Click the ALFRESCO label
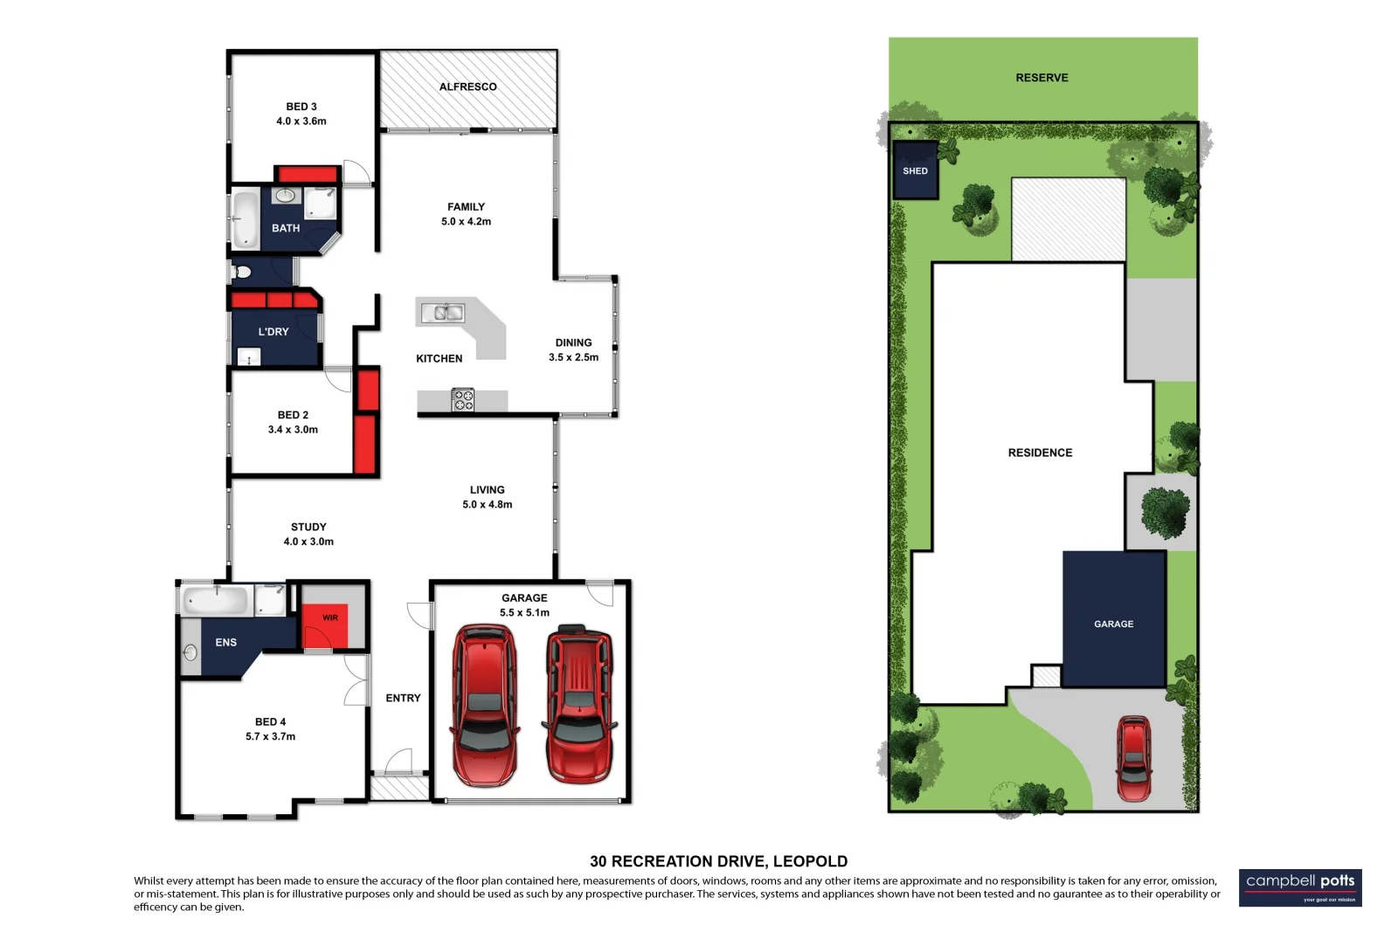(467, 86)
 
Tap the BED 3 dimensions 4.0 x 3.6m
(301, 121)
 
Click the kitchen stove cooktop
(462, 400)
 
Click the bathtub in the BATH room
(245, 219)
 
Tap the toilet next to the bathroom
(241, 272)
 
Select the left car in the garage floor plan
(484, 704)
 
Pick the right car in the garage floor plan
(578, 704)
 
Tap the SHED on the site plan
(915, 170)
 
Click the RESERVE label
(1042, 78)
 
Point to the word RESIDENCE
(1040, 452)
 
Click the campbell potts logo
(1299, 887)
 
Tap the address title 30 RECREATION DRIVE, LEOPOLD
(718, 861)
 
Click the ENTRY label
(403, 698)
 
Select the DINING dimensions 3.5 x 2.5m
(573, 357)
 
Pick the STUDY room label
(308, 527)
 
